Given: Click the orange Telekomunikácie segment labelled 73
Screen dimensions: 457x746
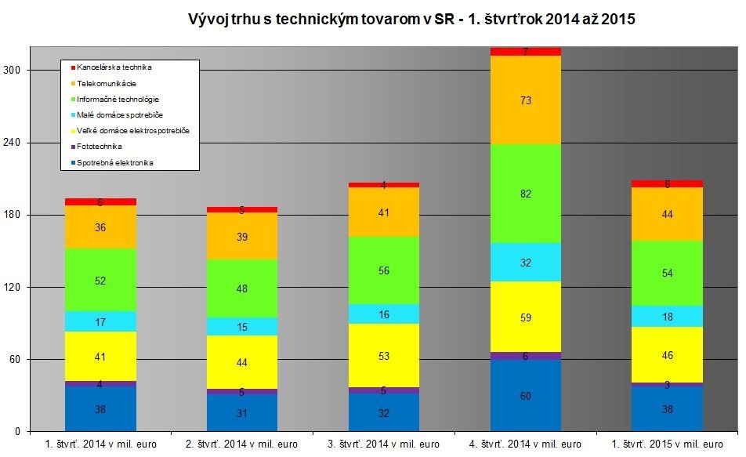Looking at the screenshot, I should (x=526, y=100).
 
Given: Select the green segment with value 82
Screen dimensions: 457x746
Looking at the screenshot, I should (x=526, y=194).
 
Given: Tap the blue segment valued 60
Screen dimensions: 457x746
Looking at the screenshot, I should (x=526, y=396).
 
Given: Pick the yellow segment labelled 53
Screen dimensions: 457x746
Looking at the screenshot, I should (x=384, y=355).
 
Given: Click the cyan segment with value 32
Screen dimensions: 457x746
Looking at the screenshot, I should (x=526, y=263).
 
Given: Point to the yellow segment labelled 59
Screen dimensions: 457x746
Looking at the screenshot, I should (x=526, y=317).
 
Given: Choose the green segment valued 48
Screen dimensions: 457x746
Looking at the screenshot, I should (x=242, y=288).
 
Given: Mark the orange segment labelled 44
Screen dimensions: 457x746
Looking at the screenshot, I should (x=667, y=214).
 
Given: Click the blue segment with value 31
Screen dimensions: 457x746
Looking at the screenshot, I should (x=242, y=412).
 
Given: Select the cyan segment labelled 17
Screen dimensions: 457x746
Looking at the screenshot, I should (x=100, y=321).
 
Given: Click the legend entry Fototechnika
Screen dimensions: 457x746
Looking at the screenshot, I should (x=105, y=147).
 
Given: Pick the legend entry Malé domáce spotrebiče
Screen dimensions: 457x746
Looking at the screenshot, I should (x=118, y=115).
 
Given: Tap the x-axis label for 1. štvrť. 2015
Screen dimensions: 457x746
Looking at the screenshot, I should (x=667, y=444).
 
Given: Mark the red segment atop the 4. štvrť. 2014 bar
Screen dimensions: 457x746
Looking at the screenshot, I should (x=526, y=52).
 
